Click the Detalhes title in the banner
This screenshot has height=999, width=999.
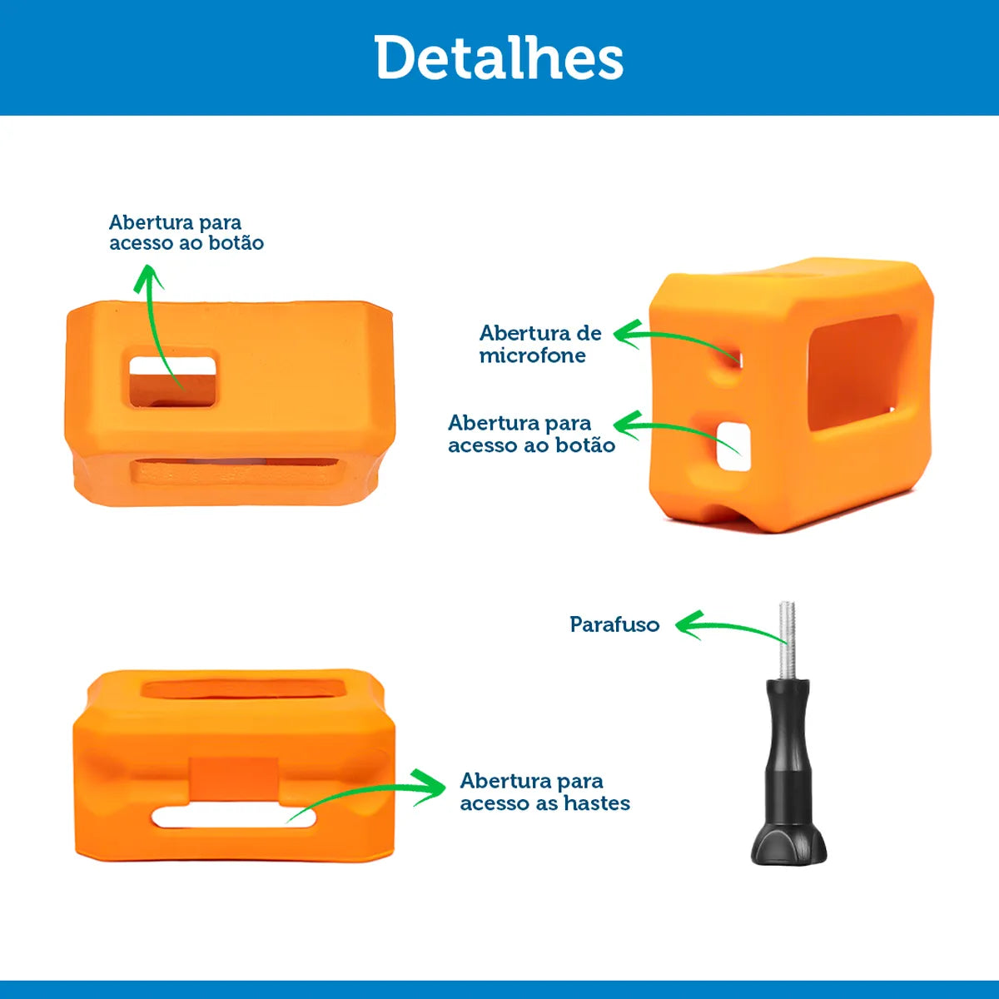pyautogui.click(x=499, y=57)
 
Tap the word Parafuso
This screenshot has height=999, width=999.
pyautogui.click(x=614, y=624)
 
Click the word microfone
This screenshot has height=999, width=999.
pyautogui.click(x=533, y=355)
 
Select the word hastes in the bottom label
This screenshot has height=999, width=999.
pyautogui.click(x=597, y=803)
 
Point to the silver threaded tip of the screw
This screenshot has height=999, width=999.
pyautogui.click(x=787, y=640)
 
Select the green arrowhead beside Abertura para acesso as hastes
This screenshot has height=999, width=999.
pyautogui.click(x=430, y=788)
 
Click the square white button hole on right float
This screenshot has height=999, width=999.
pyautogui.click(x=733, y=446)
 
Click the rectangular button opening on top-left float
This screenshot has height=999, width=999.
pyautogui.click(x=171, y=381)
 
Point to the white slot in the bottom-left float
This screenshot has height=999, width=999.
pyautogui.click(x=234, y=818)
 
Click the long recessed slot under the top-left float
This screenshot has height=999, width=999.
pyautogui.click(x=236, y=470)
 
